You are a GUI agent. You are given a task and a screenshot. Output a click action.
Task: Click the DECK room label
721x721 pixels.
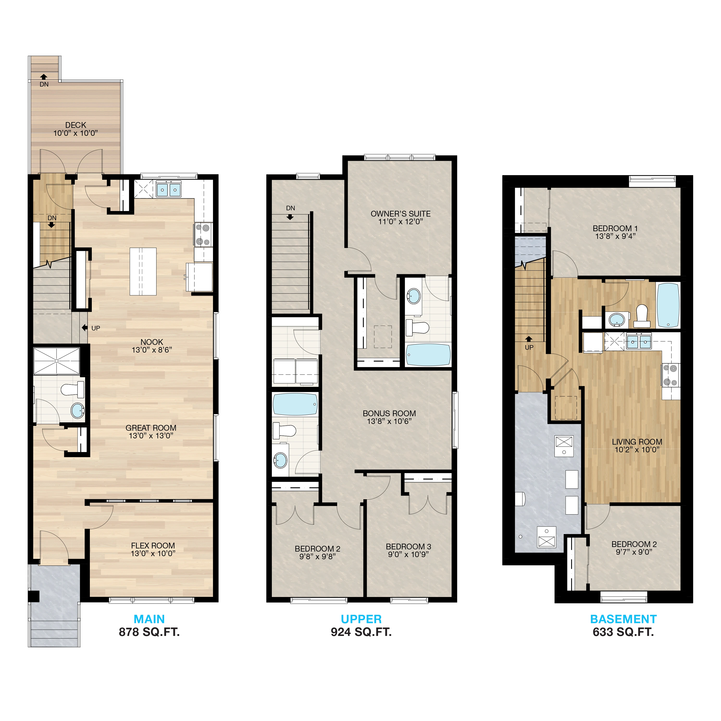76,125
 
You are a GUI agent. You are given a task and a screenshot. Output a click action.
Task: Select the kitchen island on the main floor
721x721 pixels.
143,271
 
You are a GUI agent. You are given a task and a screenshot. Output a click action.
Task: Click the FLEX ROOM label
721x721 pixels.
153,546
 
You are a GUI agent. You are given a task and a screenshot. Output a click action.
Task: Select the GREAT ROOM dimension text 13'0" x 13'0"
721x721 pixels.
151,435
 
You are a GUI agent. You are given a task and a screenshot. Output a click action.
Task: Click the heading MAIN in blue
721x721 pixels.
149,619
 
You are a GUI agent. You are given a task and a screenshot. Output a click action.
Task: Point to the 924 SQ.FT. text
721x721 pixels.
361,632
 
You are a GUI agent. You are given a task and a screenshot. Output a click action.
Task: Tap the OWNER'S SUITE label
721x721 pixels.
400,214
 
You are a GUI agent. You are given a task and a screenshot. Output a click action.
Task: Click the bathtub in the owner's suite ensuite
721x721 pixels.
428,354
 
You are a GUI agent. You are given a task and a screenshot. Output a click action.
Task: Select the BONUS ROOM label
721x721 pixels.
389,413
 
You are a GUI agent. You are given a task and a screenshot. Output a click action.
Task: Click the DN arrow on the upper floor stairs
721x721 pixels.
290,217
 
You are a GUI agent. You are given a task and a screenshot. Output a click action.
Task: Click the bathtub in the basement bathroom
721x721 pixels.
668,305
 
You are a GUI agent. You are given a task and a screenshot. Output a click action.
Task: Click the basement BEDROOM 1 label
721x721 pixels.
615,228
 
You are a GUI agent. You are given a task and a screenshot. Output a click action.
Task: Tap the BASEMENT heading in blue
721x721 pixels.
623,619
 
